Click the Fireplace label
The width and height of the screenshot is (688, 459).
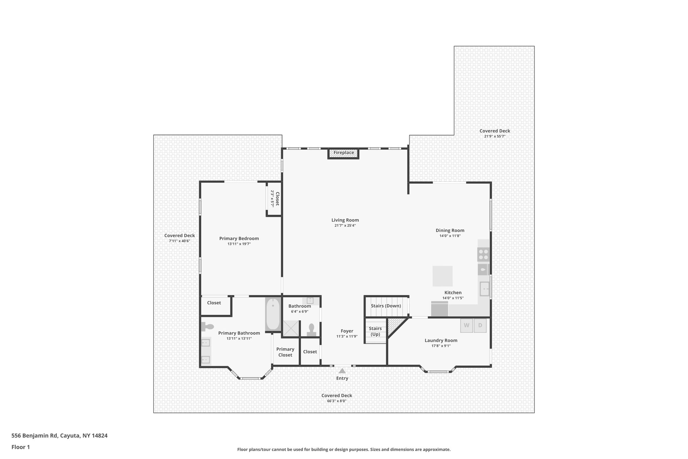click(344, 153)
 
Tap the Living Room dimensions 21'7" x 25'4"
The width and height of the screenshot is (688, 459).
click(345, 226)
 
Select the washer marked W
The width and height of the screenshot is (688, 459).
click(466, 325)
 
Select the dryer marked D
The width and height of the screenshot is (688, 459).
click(480, 325)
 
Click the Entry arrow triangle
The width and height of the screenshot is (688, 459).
click(342, 371)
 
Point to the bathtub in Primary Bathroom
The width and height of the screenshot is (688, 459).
click(273, 314)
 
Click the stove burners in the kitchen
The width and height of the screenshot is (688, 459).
click(483, 254)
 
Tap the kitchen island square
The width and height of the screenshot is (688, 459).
click(442, 276)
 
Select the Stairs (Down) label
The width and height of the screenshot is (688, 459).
click(386, 306)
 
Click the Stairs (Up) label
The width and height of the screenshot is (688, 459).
click(375, 331)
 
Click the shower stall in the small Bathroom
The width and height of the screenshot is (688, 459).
click(290, 328)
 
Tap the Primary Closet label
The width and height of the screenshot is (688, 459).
click(285, 352)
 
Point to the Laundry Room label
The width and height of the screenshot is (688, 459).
click(441, 340)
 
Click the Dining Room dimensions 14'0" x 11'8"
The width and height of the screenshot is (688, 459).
click(450, 236)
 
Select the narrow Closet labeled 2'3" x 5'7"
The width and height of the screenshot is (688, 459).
click(274, 198)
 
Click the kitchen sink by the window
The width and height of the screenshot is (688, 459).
click(484, 289)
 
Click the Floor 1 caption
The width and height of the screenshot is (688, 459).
click(20, 447)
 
